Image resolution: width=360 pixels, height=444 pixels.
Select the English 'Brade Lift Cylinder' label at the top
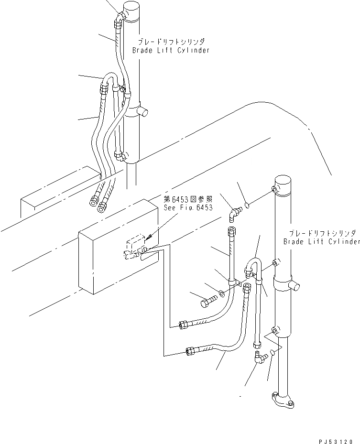[x=171, y=50]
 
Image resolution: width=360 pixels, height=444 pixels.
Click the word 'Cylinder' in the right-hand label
[x=343, y=242]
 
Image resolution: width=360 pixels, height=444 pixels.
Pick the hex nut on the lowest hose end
[x=191, y=352]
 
